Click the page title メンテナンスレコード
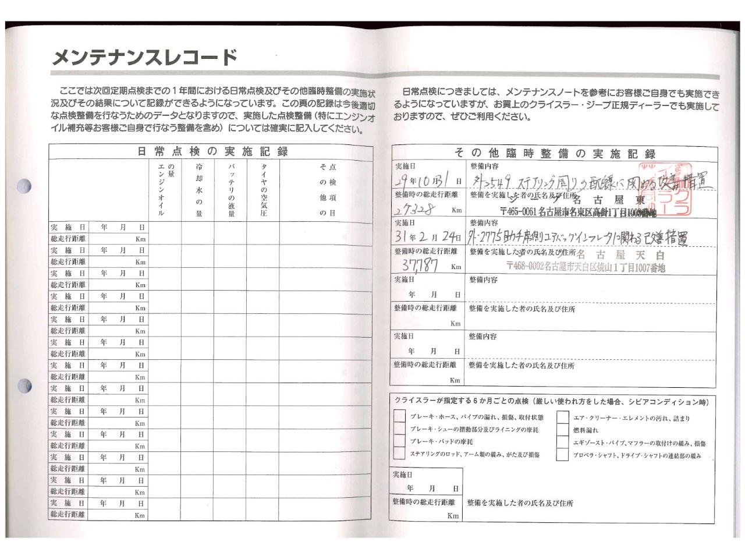click(x=145, y=57)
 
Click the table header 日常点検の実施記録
click(x=212, y=151)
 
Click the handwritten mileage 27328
click(x=419, y=210)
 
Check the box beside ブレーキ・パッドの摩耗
click(x=399, y=441)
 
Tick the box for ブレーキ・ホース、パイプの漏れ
click(x=399, y=416)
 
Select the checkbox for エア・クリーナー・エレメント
click(x=562, y=418)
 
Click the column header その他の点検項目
click(x=327, y=189)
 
